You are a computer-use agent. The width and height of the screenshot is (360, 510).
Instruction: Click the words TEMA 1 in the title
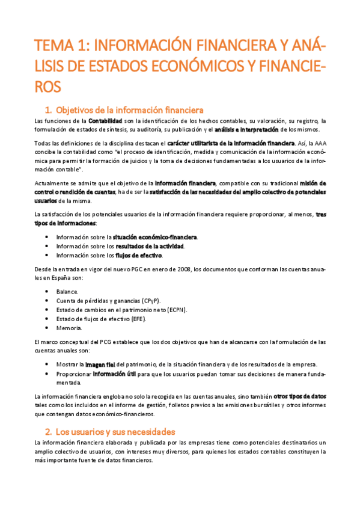tap(60, 47)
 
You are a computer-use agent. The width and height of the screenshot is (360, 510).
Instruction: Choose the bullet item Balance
tap(67, 291)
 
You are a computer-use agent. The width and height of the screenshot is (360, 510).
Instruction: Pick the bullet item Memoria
tap(69, 328)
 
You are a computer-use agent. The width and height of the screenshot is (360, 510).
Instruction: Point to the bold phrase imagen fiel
tap(99, 365)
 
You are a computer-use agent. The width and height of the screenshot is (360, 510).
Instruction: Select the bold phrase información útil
tap(114, 374)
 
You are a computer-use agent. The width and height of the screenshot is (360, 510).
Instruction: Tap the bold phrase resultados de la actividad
tap(150, 246)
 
